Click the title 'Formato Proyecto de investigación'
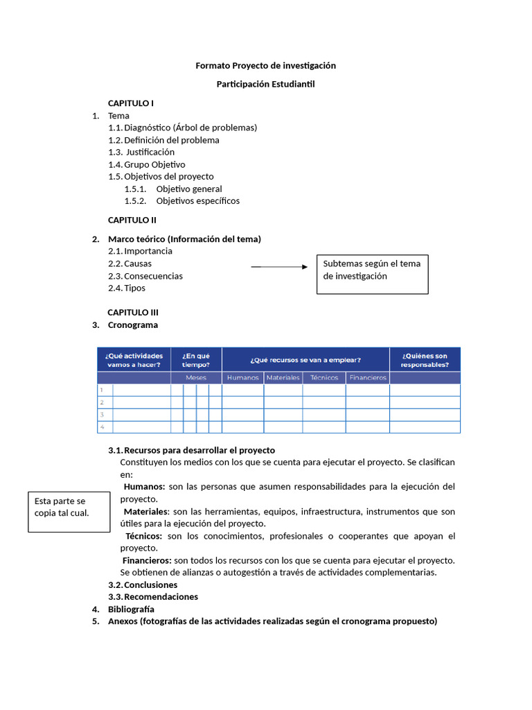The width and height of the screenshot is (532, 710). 265,65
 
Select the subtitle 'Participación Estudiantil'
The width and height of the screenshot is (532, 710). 265,84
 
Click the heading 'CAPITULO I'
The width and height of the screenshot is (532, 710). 131,103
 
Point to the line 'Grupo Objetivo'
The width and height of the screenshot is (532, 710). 154,164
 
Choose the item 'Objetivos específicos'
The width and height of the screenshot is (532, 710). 197,201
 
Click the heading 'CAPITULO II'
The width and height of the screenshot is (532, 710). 132,220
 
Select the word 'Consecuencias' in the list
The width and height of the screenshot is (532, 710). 153,276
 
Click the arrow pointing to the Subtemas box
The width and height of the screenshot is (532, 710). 278,267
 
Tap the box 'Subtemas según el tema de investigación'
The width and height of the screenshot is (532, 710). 372,270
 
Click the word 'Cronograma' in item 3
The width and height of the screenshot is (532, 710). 133,324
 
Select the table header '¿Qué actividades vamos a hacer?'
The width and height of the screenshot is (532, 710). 134,360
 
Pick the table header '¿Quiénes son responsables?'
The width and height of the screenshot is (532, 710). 424,360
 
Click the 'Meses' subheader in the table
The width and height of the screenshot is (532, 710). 196,378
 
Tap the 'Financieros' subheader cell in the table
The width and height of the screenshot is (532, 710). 367,378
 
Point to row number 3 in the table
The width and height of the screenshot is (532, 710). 102,415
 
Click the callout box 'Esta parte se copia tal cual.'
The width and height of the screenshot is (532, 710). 69,512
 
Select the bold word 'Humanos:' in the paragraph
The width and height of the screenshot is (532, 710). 144,487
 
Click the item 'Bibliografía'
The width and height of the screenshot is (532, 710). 131,609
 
